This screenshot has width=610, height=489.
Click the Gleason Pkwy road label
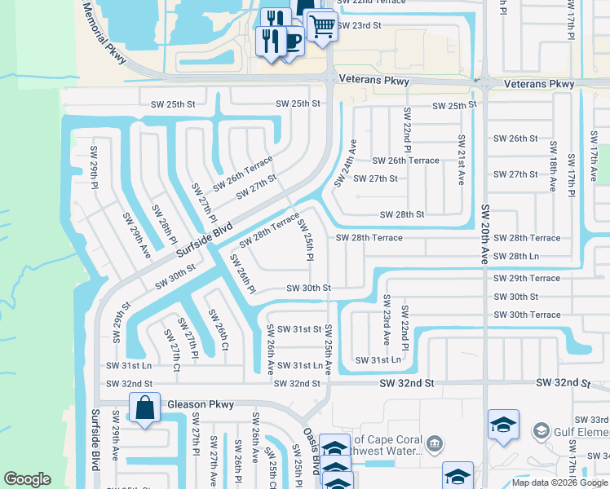click(x=200, y=404)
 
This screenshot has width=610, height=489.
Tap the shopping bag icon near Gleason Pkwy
click(x=144, y=408)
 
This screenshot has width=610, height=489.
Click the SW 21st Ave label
click(x=461, y=159)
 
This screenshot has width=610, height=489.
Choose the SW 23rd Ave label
click(x=387, y=320)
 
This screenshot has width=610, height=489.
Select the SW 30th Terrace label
click(x=527, y=315)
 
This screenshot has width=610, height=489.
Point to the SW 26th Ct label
click(x=217, y=331)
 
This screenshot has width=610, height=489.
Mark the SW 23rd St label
click(x=356, y=25)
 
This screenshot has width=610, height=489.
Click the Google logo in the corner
click(x=27, y=479)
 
